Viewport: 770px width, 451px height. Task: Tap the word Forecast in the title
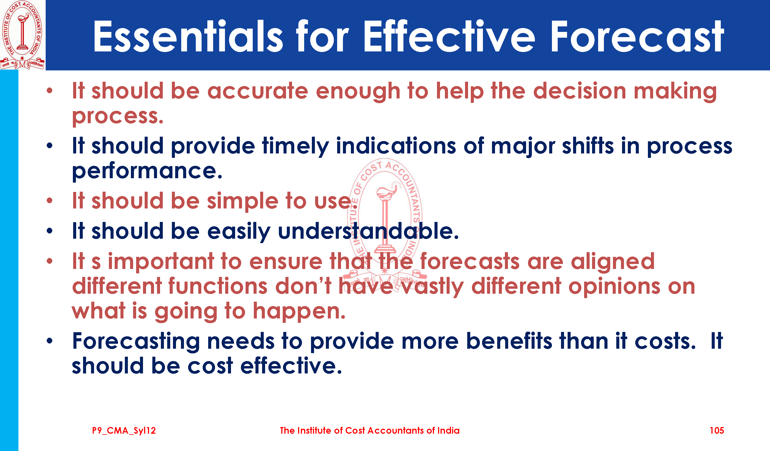(x=637, y=36)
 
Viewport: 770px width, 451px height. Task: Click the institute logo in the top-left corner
(x=23, y=35)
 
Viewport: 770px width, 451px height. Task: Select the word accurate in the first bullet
(x=258, y=91)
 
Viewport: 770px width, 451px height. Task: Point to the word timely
(x=295, y=146)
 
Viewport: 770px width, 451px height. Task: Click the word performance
(x=147, y=171)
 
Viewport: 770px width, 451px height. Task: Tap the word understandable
(x=368, y=231)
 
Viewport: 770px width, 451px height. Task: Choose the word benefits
(x=509, y=341)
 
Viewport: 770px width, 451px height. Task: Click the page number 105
(x=717, y=431)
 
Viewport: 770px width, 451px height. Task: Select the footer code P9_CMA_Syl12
(x=124, y=431)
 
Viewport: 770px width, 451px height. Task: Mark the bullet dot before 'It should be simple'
(x=50, y=201)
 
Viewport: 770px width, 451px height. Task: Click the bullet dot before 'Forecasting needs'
(x=50, y=341)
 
